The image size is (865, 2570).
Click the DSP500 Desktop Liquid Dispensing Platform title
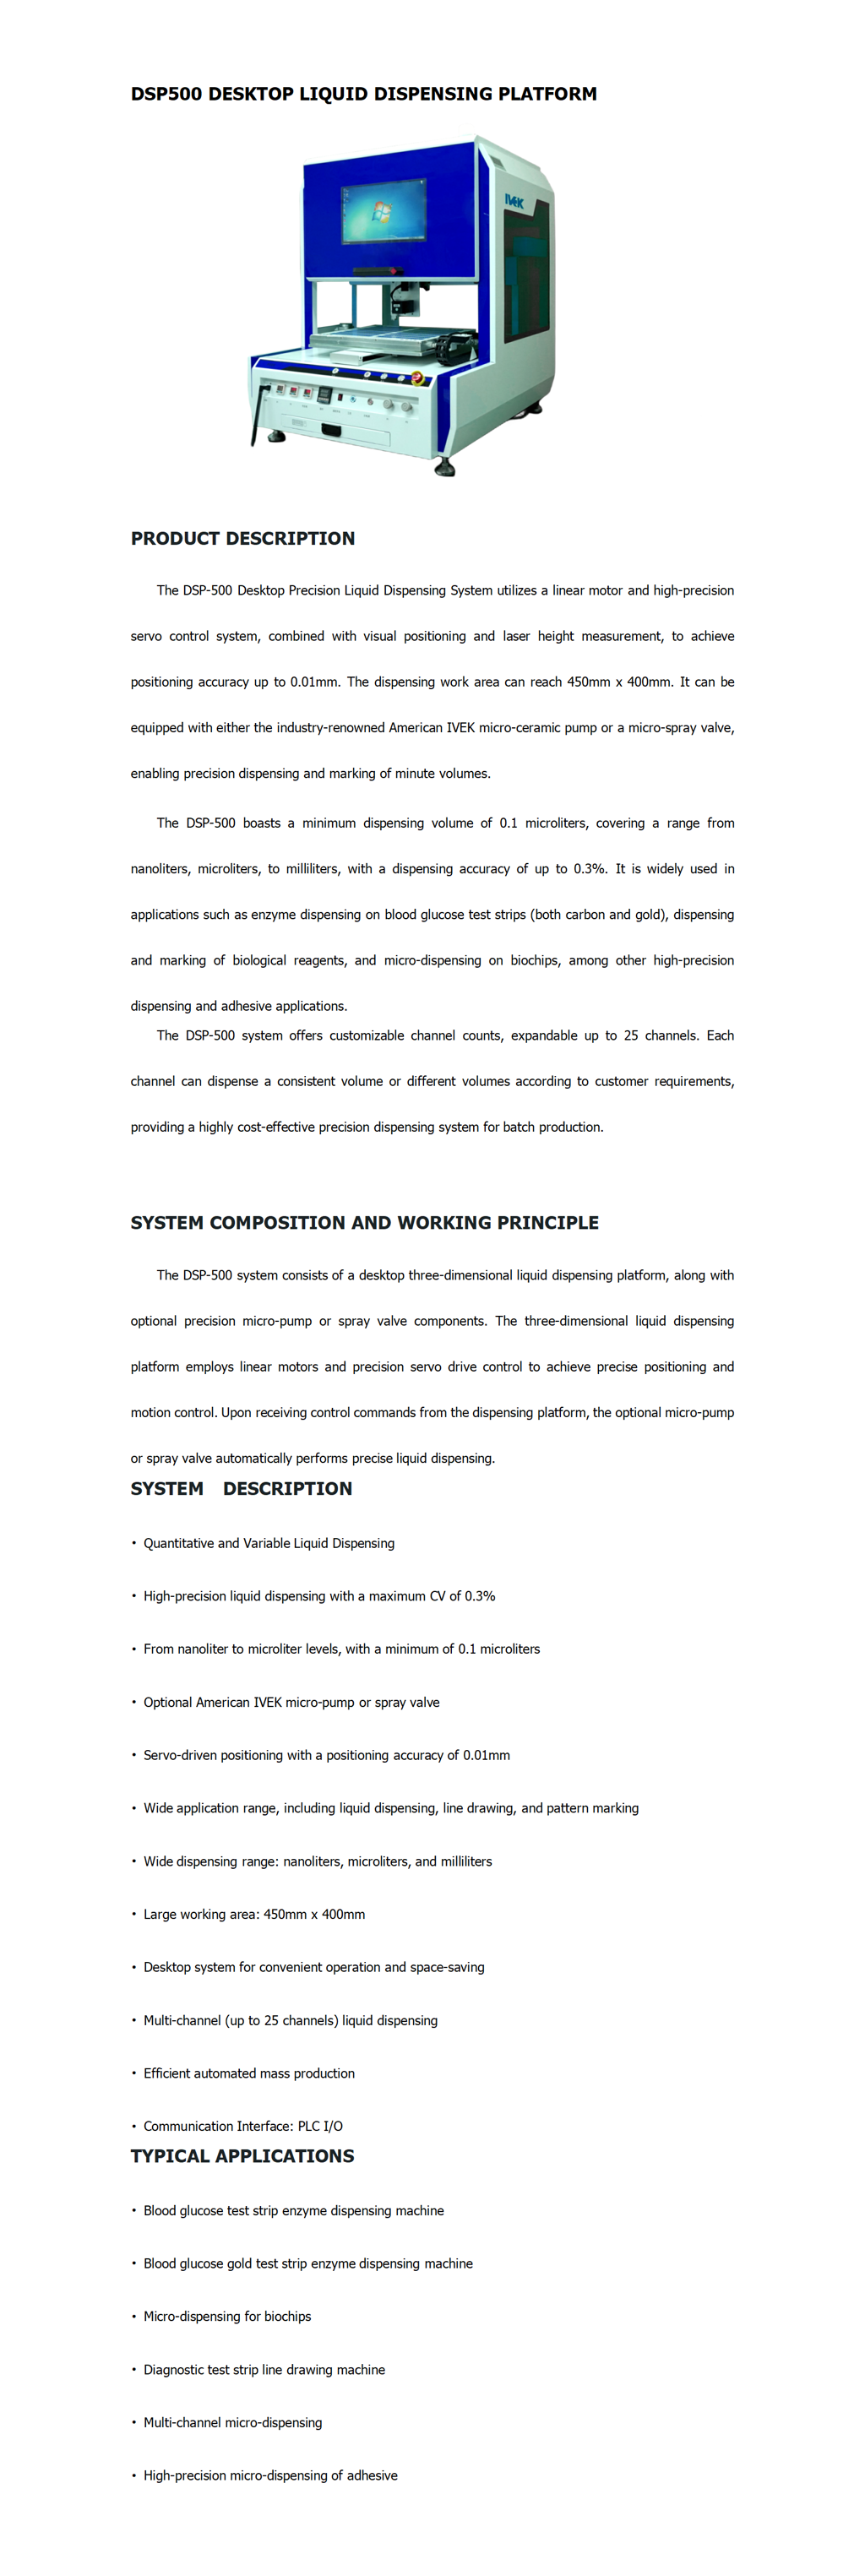(363, 94)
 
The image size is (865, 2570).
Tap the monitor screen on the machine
(384, 209)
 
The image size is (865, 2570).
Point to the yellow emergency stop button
(417, 378)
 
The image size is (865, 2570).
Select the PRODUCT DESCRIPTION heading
(242, 539)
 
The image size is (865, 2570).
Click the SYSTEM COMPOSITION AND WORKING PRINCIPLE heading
(364, 1223)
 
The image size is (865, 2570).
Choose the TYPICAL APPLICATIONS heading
(242, 2156)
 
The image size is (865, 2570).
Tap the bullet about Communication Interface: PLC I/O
(242, 2126)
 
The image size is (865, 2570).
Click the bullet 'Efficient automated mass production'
(248, 2073)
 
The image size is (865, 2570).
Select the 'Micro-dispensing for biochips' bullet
(226, 2317)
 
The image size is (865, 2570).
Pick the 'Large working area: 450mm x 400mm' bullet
(253, 1915)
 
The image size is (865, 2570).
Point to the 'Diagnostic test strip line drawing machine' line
(264, 2370)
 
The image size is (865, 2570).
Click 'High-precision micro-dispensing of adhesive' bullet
(269, 2475)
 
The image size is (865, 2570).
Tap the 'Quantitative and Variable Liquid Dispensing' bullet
(269, 1543)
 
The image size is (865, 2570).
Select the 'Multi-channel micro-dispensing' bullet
(232, 2422)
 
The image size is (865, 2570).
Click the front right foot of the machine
(444, 466)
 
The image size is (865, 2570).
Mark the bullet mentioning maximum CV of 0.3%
(319, 1596)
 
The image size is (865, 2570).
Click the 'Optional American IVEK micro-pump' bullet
(291, 1702)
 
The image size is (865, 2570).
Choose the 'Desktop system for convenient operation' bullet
(313, 1968)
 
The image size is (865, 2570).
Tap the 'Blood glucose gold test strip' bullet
(307, 2263)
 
